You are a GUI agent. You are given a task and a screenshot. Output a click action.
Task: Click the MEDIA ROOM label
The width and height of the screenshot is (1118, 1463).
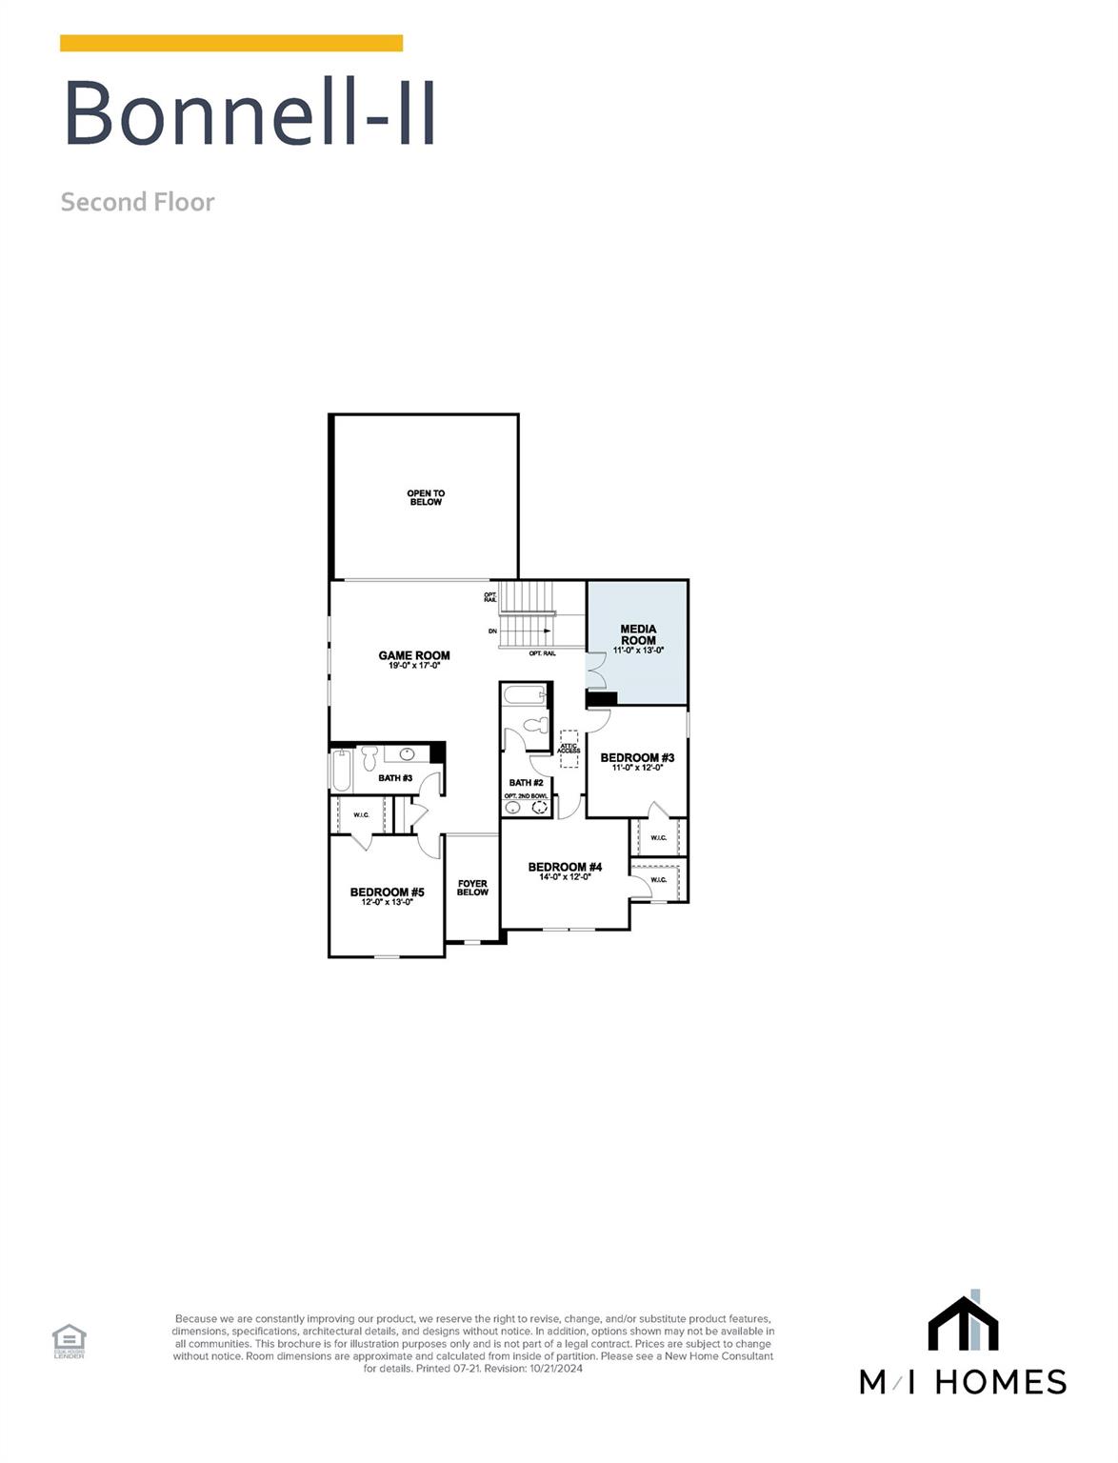638,634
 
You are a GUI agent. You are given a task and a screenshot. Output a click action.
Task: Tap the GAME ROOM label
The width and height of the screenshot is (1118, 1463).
414,655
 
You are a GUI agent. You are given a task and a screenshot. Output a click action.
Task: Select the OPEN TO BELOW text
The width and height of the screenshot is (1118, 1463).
426,497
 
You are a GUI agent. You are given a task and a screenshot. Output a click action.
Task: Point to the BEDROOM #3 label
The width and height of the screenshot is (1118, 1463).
637,758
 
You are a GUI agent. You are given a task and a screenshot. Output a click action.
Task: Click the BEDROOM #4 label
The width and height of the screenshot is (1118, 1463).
565,867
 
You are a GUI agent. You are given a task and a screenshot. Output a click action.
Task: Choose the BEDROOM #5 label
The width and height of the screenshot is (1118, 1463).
387,892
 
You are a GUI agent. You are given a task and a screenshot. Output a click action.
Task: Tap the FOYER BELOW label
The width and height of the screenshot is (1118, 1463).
472,888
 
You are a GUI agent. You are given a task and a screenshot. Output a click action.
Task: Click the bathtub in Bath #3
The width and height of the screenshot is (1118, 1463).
341,770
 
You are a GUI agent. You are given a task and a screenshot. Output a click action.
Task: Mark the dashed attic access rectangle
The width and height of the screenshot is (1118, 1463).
569,749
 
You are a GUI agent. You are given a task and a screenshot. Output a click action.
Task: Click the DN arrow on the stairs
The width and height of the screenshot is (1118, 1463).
547,631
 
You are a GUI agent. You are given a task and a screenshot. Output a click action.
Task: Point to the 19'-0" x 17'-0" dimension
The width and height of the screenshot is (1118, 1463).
414,666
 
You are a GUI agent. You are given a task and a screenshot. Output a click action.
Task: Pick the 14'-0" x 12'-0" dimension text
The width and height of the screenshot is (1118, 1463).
565,876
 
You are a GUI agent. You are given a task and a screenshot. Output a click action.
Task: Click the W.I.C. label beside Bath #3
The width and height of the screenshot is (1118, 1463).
361,814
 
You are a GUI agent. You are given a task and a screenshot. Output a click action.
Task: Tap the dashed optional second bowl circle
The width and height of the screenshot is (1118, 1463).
540,807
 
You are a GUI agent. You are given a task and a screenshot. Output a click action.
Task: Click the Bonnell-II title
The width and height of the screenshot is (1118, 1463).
250,113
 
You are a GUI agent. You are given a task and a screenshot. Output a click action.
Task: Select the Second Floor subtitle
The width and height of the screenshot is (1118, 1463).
138,202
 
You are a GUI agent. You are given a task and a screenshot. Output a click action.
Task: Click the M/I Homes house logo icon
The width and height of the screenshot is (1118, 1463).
963,1322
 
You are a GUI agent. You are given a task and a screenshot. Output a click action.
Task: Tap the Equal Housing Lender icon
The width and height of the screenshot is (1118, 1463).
69,1340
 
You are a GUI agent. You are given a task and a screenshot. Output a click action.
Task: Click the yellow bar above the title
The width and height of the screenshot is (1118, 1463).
231,43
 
